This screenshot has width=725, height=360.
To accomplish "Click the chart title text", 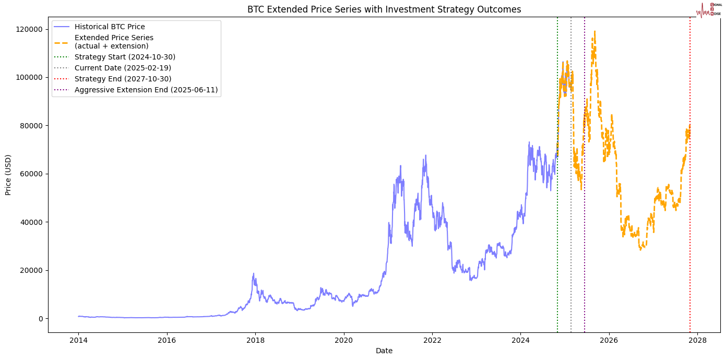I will pos(384,9).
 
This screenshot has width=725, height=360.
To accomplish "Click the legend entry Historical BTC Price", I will pos(110,27).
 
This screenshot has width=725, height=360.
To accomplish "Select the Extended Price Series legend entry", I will pos(114,42).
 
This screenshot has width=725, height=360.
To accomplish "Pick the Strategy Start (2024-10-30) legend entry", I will pos(125,57).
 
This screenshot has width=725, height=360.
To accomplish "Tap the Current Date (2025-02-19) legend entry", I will pos(123,68).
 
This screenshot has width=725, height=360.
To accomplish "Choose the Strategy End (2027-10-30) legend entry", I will pos(123,79).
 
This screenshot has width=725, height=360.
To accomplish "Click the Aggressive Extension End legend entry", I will pos(146,90).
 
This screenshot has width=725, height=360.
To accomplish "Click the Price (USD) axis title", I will pos(8,175).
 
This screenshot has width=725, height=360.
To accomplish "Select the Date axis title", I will pos(384,351).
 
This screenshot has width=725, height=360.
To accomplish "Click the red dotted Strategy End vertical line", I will pos(690,209).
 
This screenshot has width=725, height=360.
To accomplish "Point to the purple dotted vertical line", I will pos(585,235).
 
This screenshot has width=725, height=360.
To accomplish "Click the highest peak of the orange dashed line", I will pos(595,32).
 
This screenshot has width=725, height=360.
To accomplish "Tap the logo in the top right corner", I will pos(708,9).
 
